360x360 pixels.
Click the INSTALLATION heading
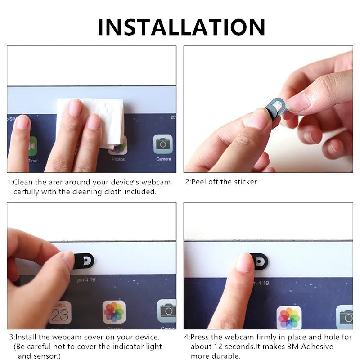pyautogui.click(x=181, y=27)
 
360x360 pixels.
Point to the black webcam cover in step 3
pyautogui.click(x=84, y=260)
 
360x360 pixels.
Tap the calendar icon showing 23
pyautogui.click(x=60, y=312)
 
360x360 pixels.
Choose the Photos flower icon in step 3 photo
pyautogui.click(x=114, y=311)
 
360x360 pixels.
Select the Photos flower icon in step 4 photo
pyautogui.click(x=288, y=318)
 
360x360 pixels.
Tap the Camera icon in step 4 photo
pyautogui.click(x=345, y=317)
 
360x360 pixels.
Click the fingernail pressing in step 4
pyautogui.click(x=244, y=262)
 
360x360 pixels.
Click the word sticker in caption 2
pyautogui.click(x=245, y=182)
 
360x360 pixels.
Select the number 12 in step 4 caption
pyautogui.click(x=220, y=346)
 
